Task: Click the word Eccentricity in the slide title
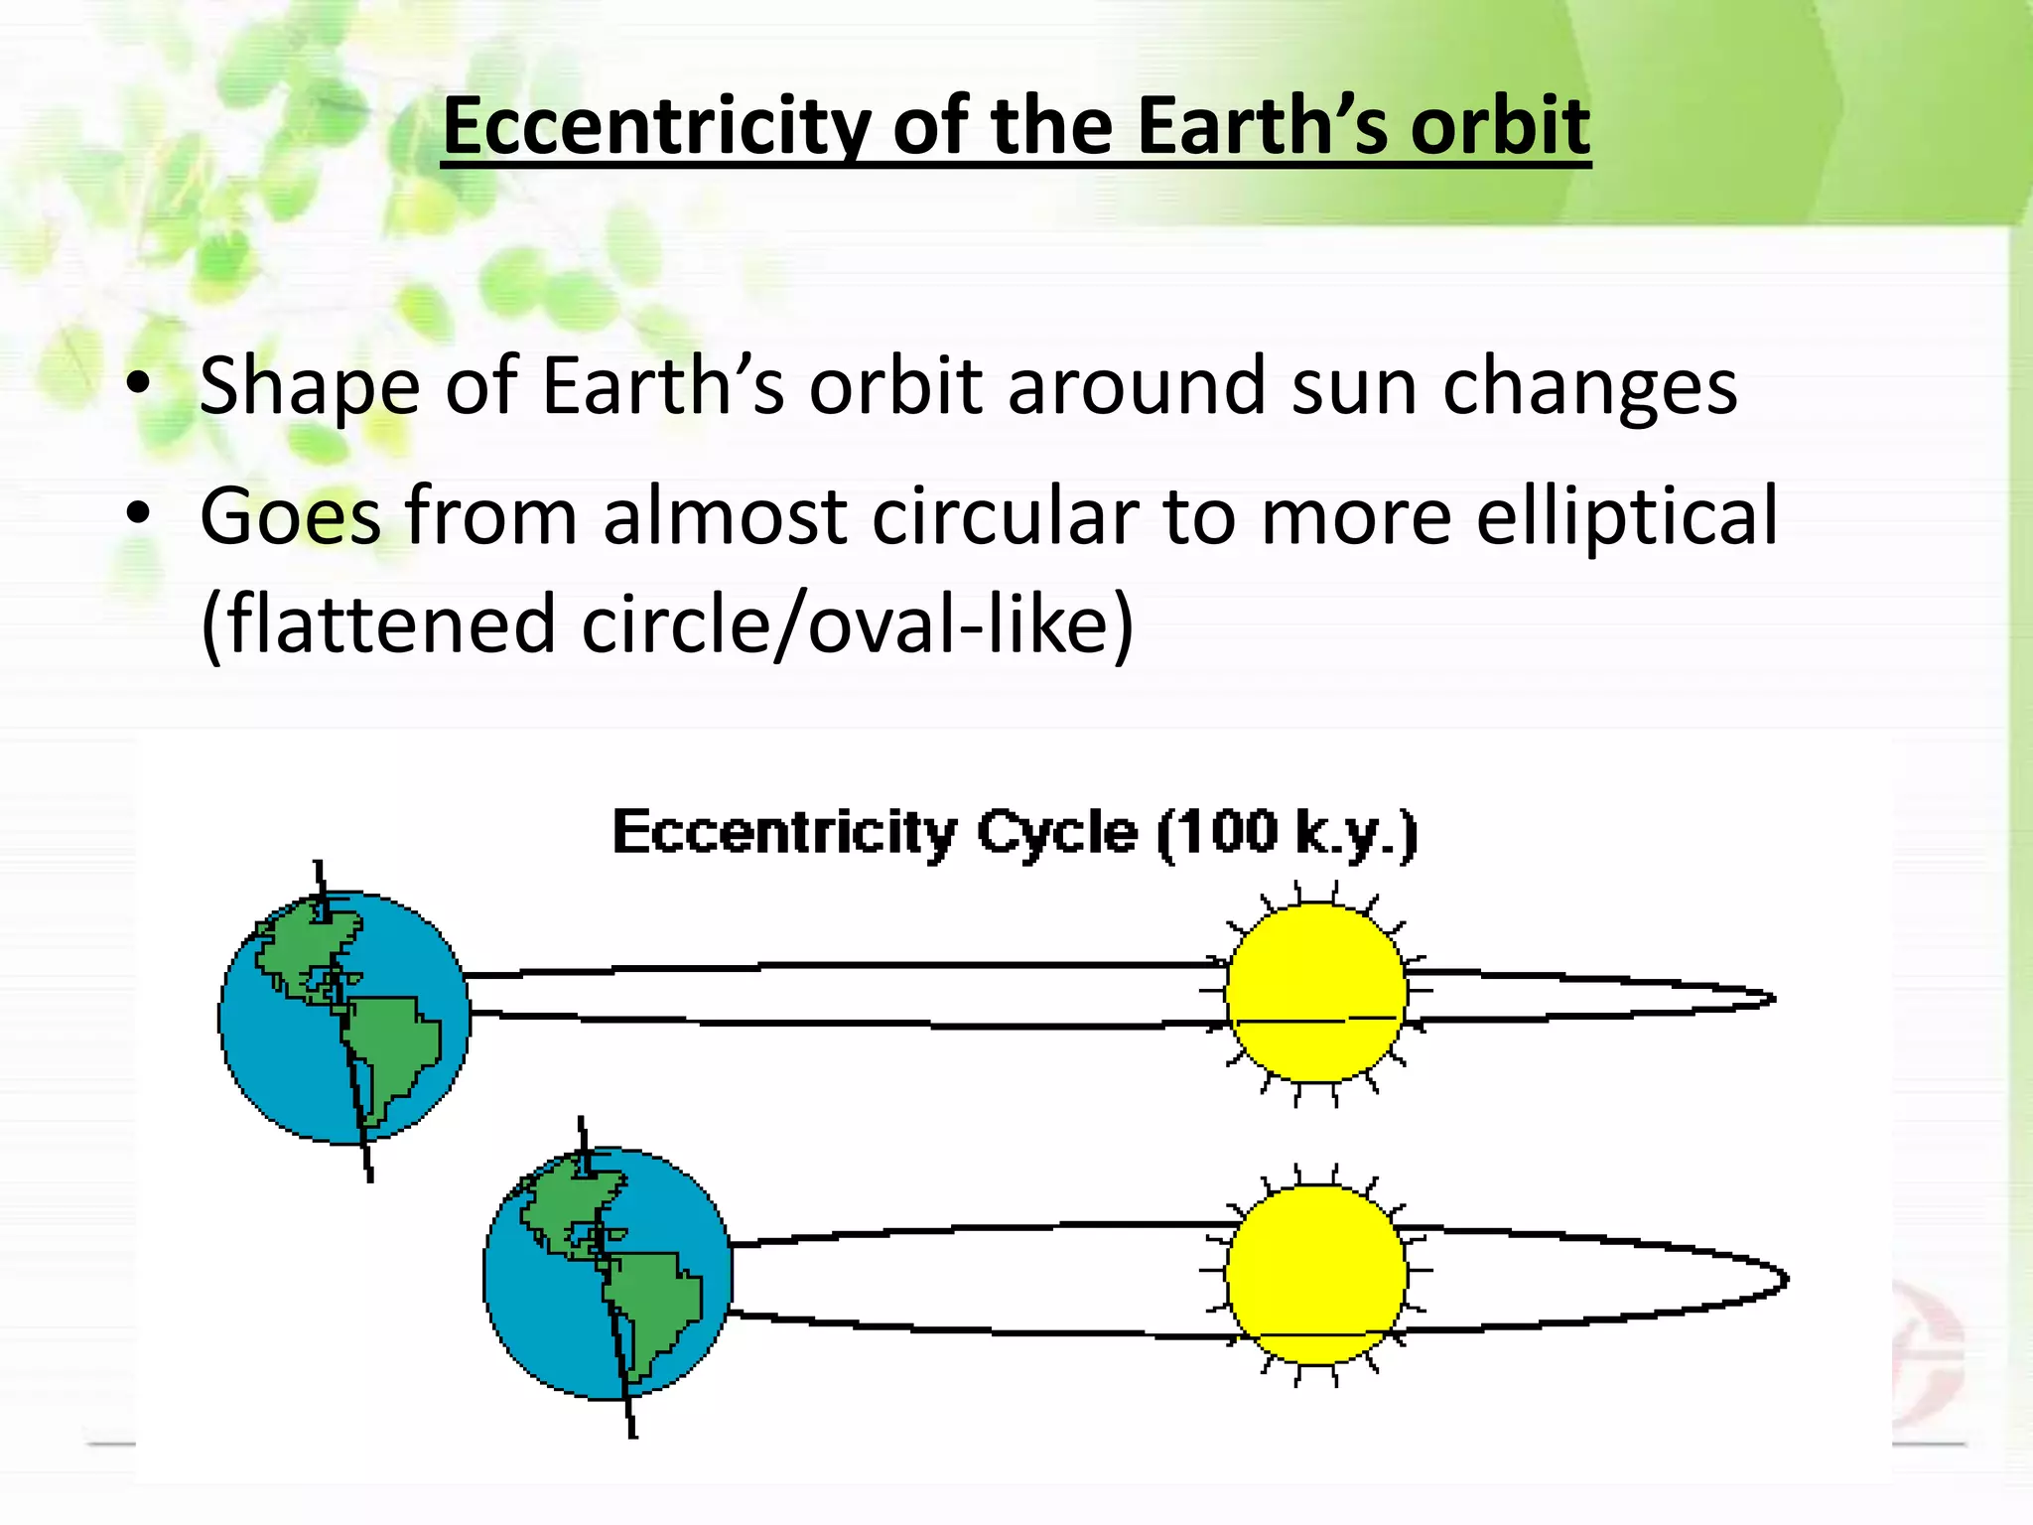click(x=655, y=127)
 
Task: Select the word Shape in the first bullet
click(x=309, y=387)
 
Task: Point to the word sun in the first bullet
click(x=1354, y=387)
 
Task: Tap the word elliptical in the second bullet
click(x=1627, y=516)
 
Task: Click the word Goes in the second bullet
click(x=290, y=516)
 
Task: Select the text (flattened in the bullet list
click(x=377, y=625)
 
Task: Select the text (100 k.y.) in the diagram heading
click(x=1288, y=834)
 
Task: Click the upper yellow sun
click(x=1315, y=993)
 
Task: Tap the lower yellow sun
click(x=1315, y=1275)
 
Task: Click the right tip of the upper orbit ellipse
click(x=1773, y=999)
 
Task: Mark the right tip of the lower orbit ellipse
click(x=1787, y=1281)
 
